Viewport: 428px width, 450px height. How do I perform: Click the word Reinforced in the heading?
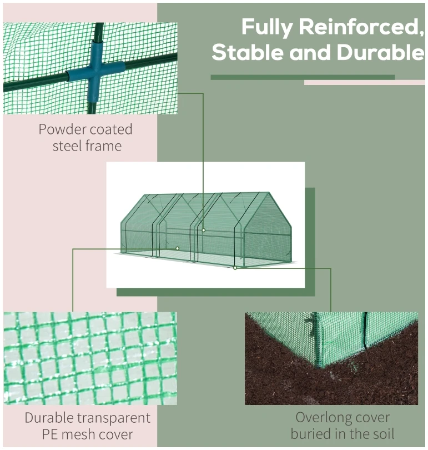[361, 27]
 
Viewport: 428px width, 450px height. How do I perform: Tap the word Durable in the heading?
[380, 53]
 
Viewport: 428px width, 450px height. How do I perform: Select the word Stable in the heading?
[248, 53]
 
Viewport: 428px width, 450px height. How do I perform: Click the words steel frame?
[87, 146]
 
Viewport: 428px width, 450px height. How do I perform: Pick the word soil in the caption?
[383, 434]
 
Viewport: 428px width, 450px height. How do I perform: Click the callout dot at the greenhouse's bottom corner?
[235, 268]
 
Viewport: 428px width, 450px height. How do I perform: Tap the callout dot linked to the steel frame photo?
[204, 230]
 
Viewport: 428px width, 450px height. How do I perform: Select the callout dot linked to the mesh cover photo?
[178, 248]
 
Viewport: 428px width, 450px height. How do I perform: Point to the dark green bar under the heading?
[303, 77]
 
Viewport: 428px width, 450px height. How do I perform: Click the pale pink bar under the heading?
[365, 83]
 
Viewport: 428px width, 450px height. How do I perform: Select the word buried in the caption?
[312, 434]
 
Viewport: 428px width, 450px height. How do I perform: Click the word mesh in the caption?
[76, 434]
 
